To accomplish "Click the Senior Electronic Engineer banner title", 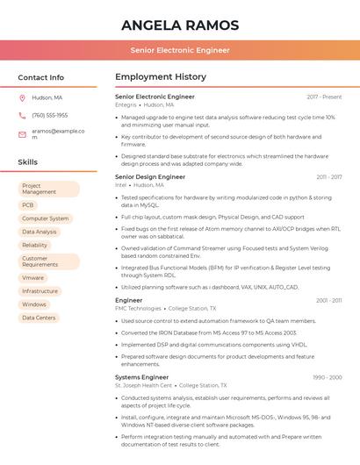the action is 179,50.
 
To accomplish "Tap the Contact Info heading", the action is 41,77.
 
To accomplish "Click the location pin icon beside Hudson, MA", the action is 22,98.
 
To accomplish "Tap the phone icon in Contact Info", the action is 22,116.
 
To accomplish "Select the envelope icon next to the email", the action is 22,134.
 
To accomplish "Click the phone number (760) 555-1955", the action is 49,116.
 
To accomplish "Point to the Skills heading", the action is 28,162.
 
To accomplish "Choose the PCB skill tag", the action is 28,205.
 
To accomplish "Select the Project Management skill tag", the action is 48,189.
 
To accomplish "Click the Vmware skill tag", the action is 33,277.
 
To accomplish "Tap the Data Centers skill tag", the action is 39,318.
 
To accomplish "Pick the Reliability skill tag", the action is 35,246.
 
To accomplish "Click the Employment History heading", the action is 161,77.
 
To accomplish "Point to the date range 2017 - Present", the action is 324,97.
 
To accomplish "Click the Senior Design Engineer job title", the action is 150,176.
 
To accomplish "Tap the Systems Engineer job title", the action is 141,377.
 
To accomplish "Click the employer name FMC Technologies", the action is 138,309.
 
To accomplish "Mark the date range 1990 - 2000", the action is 327,377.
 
